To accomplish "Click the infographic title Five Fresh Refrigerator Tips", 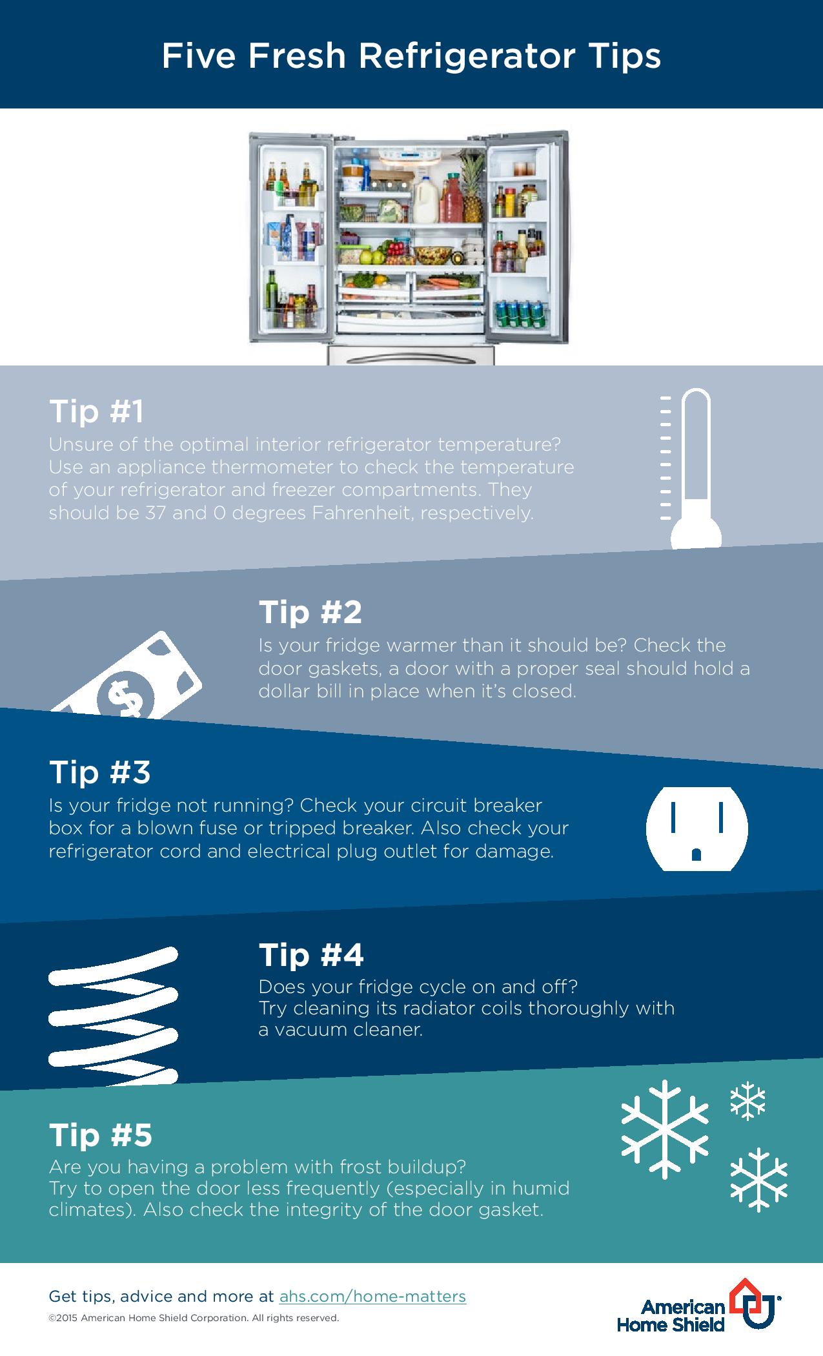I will [411, 56].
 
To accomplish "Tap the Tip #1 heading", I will [96, 411].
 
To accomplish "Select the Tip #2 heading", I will [310, 611].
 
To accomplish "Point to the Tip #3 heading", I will [99, 772].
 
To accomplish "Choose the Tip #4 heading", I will [311, 954].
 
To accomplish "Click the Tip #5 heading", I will [100, 1135].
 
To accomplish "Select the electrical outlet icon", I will [696, 828].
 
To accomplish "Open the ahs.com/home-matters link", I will [372, 1295].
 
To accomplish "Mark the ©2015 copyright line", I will [194, 1318].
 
